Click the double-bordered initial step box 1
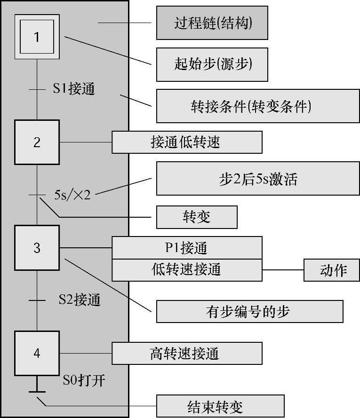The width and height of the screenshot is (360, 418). (37, 37)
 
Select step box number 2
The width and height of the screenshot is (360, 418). (37, 142)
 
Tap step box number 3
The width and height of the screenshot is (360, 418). (37, 247)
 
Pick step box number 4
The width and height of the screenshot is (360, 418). (37, 353)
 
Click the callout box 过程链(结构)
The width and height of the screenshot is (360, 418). (212, 23)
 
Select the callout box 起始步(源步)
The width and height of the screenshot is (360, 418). (212, 64)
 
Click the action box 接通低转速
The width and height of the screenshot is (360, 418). (186, 142)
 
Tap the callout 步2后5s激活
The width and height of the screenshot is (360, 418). (258, 179)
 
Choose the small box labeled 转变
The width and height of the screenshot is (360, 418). (197, 217)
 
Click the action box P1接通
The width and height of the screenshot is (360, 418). (186, 247)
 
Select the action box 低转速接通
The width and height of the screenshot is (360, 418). (186, 269)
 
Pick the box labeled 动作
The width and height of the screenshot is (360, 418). (332, 270)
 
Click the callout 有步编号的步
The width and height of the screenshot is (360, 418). (249, 311)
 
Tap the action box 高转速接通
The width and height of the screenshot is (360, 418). (186, 353)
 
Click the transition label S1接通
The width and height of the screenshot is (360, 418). (73, 89)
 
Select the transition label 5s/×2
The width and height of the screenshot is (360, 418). (72, 194)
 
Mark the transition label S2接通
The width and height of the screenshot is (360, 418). (79, 300)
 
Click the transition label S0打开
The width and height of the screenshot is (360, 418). (84, 380)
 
